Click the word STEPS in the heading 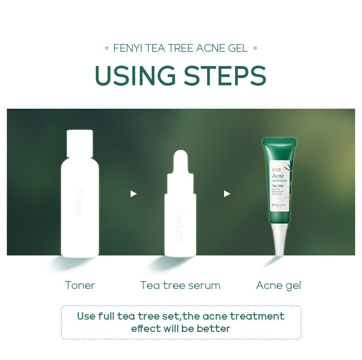point(223,76)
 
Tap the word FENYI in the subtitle point(128,48)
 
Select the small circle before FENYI point(106,48)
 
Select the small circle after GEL point(255,48)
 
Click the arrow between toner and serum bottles point(133,194)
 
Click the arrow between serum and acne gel point(227,194)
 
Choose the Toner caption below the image point(80,285)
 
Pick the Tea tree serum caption point(180,285)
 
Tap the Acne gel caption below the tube point(279,285)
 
